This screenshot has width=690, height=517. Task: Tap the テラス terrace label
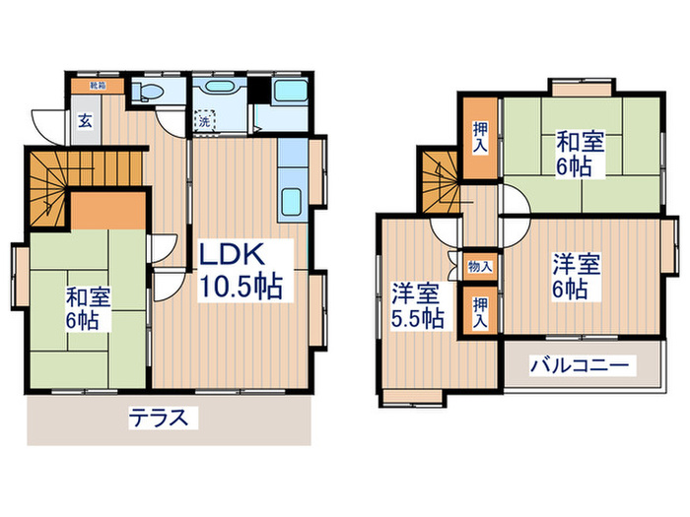[158, 418]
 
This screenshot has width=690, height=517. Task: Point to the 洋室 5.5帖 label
[416, 304]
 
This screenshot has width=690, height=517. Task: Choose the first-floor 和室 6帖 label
[90, 306]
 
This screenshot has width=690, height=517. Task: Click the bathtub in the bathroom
[291, 95]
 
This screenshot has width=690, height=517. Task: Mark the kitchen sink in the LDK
[293, 204]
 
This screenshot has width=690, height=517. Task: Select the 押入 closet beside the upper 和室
[479, 139]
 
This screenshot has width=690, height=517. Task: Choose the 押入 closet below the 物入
[479, 311]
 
